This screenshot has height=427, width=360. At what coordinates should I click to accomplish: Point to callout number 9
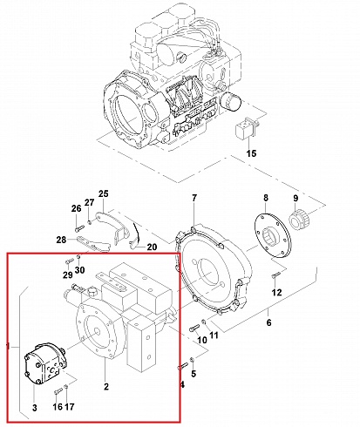coord(294,199)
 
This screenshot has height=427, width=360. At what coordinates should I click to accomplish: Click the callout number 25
coord(103,193)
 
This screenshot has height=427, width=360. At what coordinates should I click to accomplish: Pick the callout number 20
coord(152,247)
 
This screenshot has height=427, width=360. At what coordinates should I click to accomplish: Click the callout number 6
coord(268,322)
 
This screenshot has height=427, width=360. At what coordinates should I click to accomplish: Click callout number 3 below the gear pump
coord(36,407)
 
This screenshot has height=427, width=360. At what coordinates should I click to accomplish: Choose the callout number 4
coord(182,383)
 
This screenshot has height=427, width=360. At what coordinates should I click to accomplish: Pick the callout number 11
coord(214,335)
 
